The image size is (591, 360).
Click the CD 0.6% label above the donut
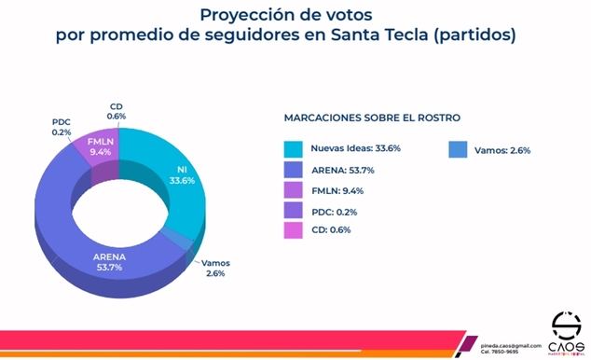117,111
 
